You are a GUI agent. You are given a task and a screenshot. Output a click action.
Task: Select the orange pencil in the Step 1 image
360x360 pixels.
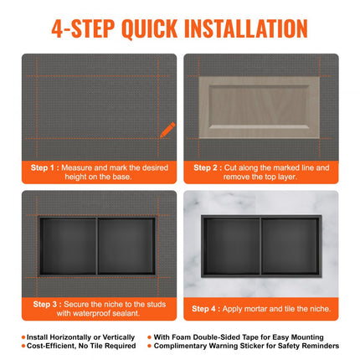coord(167,130)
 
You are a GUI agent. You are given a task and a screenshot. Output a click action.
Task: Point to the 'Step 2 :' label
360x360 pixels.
coord(208,167)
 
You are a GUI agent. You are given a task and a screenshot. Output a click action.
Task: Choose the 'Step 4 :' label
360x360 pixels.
coord(208,308)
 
